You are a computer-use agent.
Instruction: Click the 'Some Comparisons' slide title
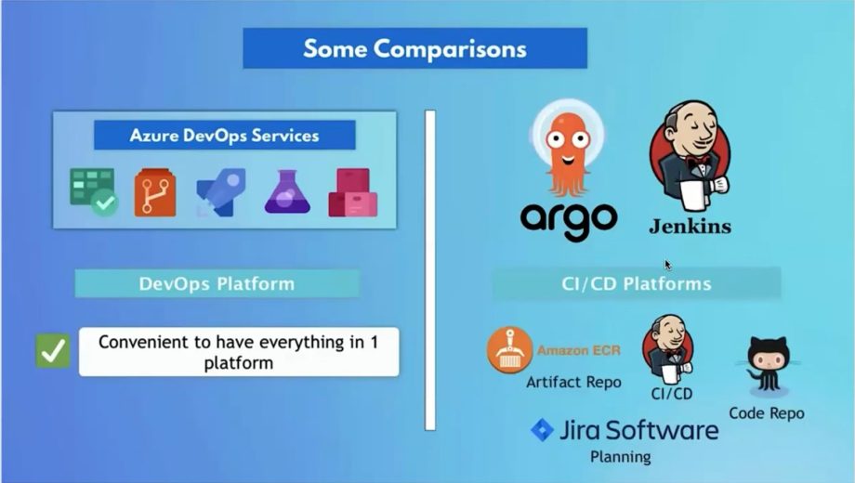(414, 48)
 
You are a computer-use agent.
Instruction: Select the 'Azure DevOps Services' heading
(224, 136)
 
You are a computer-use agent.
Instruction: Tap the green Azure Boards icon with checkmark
(93, 192)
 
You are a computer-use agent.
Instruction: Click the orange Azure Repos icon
(154, 192)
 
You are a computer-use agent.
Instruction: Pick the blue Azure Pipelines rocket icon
(221, 192)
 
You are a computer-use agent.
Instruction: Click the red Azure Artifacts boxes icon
(352, 192)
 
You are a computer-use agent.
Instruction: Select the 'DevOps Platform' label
(217, 283)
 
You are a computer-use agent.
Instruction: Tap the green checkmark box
(52, 350)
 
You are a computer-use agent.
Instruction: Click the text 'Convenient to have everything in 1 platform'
(238, 351)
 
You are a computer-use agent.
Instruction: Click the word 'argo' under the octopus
(568, 218)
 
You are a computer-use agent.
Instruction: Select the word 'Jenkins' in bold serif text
(689, 226)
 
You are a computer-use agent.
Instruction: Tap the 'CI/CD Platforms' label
(637, 283)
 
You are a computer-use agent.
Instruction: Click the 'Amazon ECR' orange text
(578, 351)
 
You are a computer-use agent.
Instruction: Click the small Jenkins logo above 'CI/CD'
(669, 346)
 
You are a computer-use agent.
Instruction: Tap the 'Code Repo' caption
(767, 413)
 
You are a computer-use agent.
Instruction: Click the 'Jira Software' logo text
(637, 430)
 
